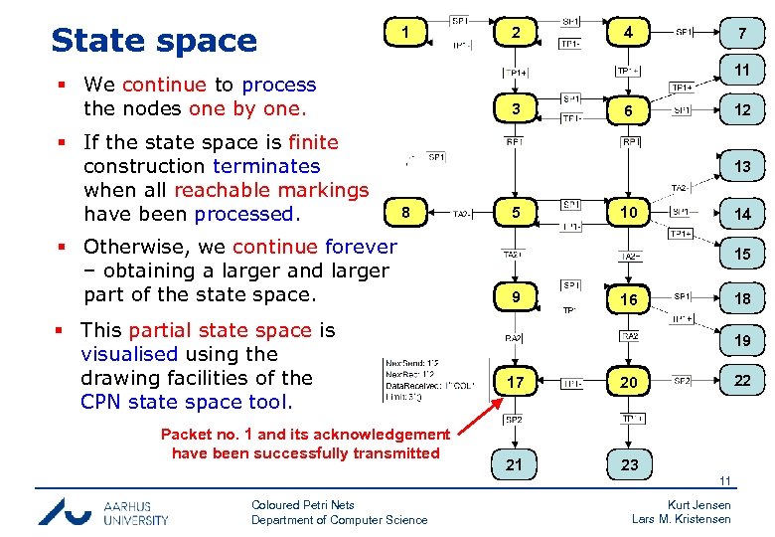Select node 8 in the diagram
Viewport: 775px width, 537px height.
click(x=404, y=212)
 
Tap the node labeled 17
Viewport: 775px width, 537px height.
click(x=515, y=382)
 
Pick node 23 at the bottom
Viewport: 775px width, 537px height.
click(x=629, y=464)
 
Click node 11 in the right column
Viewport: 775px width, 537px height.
click(x=741, y=72)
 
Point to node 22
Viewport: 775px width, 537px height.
click(x=741, y=381)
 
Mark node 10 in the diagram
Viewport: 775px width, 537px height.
click(x=629, y=212)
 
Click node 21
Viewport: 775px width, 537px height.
click(x=515, y=464)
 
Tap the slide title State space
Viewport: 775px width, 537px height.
click(x=154, y=40)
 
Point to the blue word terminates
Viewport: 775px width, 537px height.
click(x=266, y=166)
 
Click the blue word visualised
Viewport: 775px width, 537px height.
click(x=129, y=354)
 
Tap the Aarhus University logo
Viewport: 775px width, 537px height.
click(x=103, y=511)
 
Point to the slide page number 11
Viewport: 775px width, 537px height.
click(x=725, y=482)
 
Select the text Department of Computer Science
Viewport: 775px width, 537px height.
click(x=339, y=519)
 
